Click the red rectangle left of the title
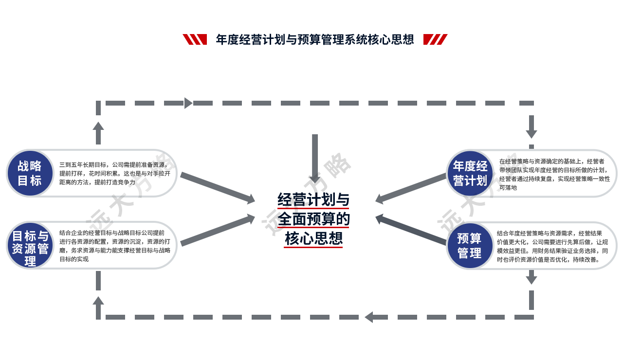[x=194, y=39]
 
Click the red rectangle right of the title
[x=435, y=39]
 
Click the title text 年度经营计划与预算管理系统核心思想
[x=315, y=39]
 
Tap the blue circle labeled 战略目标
[x=30, y=173]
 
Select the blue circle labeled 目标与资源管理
[x=30, y=245]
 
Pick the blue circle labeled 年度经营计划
[x=470, y=173]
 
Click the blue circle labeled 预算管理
[x=470, y=246]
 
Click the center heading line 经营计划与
[x=313, y=200]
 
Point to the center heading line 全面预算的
[x=313, y=219]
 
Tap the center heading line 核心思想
[x=313, y=238]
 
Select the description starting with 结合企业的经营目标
[x=115, y=246]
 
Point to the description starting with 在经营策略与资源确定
[x=554, y=174]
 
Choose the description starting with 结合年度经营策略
[x=552, y=246]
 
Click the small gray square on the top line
[x=188, y=103]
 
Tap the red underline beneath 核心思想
[x=313, y=247]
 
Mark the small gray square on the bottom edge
[x=368, y=320]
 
